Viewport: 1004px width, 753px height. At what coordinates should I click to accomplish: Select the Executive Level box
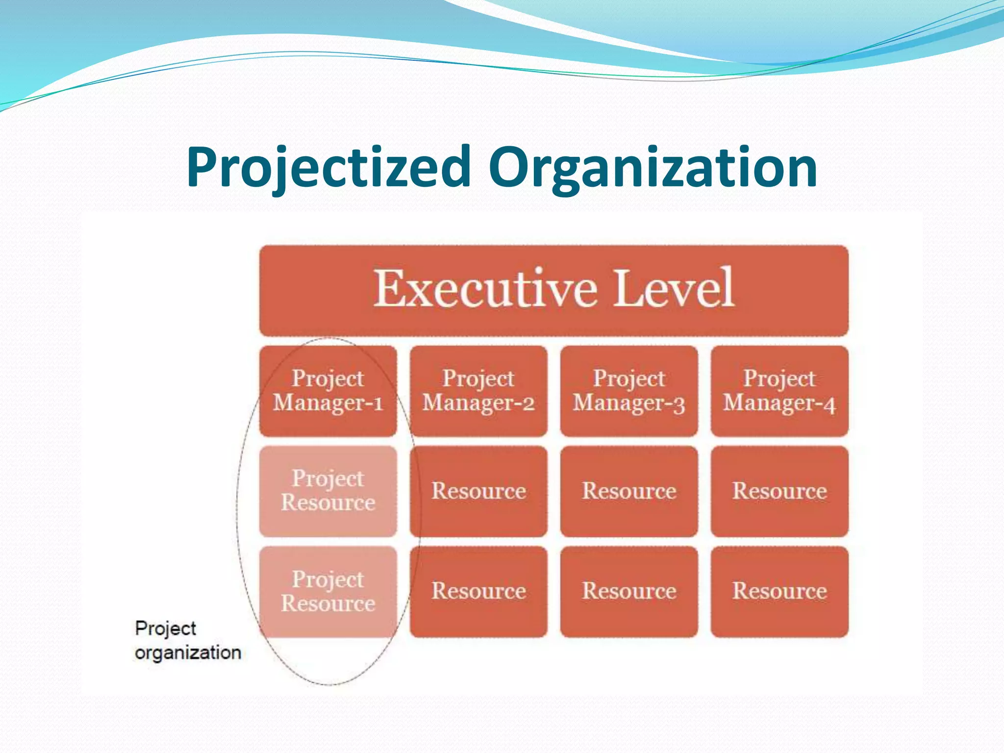[554, 290]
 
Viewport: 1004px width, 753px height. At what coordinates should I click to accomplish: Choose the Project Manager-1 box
[328, 391]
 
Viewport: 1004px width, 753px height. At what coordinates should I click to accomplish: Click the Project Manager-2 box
[478, 391]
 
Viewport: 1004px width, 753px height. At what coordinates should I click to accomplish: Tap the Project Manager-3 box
[629, 391]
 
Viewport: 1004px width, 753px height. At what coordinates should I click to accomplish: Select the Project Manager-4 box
[779, 391]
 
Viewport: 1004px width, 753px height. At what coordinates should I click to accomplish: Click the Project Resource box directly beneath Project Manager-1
[328, 491]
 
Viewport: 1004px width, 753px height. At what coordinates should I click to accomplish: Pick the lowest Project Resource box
[328, 591]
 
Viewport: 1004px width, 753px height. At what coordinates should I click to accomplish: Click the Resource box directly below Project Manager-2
[478, 491]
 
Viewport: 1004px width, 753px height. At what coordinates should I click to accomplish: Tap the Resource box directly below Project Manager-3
[629, 491]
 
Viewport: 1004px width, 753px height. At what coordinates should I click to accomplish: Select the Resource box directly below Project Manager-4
[779, 491]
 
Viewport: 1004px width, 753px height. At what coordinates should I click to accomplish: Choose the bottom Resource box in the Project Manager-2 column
[478, 591]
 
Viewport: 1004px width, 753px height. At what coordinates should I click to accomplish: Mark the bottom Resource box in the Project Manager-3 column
[629, 591]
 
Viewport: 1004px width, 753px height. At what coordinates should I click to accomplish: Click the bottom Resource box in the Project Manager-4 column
[779, 591]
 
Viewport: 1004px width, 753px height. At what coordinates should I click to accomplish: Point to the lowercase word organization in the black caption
[188, 653]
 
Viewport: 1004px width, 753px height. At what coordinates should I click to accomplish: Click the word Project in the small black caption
[165, 628]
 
